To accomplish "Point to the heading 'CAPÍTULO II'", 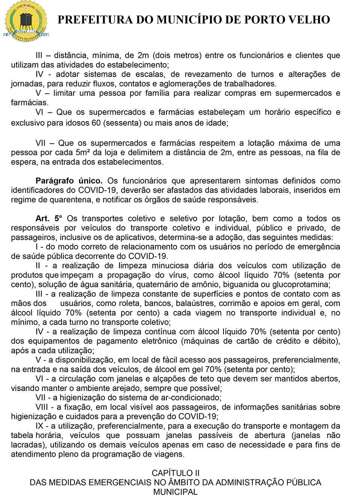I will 175,473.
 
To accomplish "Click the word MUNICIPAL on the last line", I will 175,492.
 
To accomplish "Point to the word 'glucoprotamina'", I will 305,284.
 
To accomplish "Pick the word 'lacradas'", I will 25,445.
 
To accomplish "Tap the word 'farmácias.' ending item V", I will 30,102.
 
